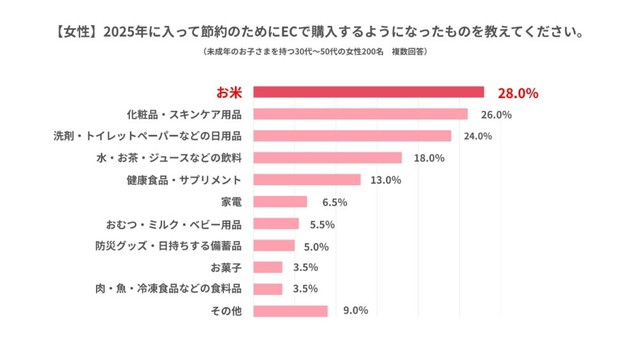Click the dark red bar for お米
[x=368, y=93]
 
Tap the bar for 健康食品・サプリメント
[x=306, y=180]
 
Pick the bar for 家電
[x=280, y=201]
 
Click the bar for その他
[x=290, y=310]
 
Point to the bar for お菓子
[x=267, y=267]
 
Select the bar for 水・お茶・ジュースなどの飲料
[x=327, y=158]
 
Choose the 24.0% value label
[x=476, y=136]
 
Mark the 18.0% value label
[x=426, y=158]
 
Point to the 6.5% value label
[x=333, y=201]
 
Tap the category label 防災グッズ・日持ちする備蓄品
[x=184, y=245]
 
